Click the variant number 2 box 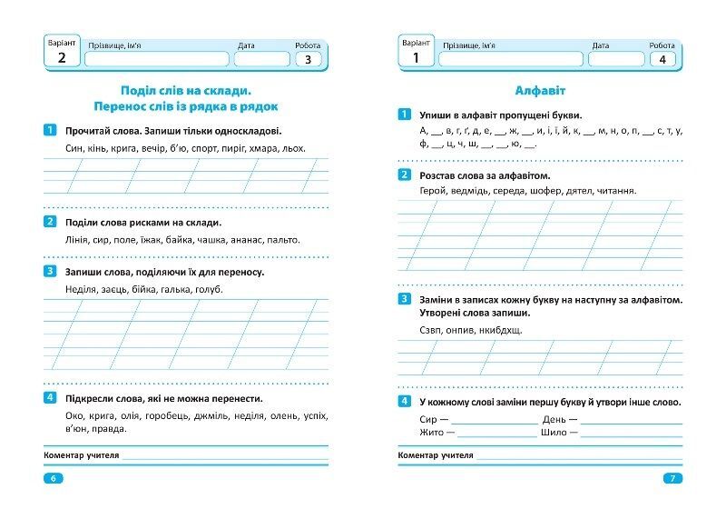[x=62, y=59]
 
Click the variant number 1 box [x=416, y=59]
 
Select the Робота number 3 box [x=308, y=60]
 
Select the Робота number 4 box [x=662, y=60]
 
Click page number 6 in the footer [x=53, y=478]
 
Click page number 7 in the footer [x=672, y=478]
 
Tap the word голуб [x=208, y=289]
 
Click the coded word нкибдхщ [x=501, y=330]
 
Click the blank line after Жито [x=495, y=434]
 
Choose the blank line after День [x=632, y=420]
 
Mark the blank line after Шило [x=632, y=434]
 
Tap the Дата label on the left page [x=246, y=45]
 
